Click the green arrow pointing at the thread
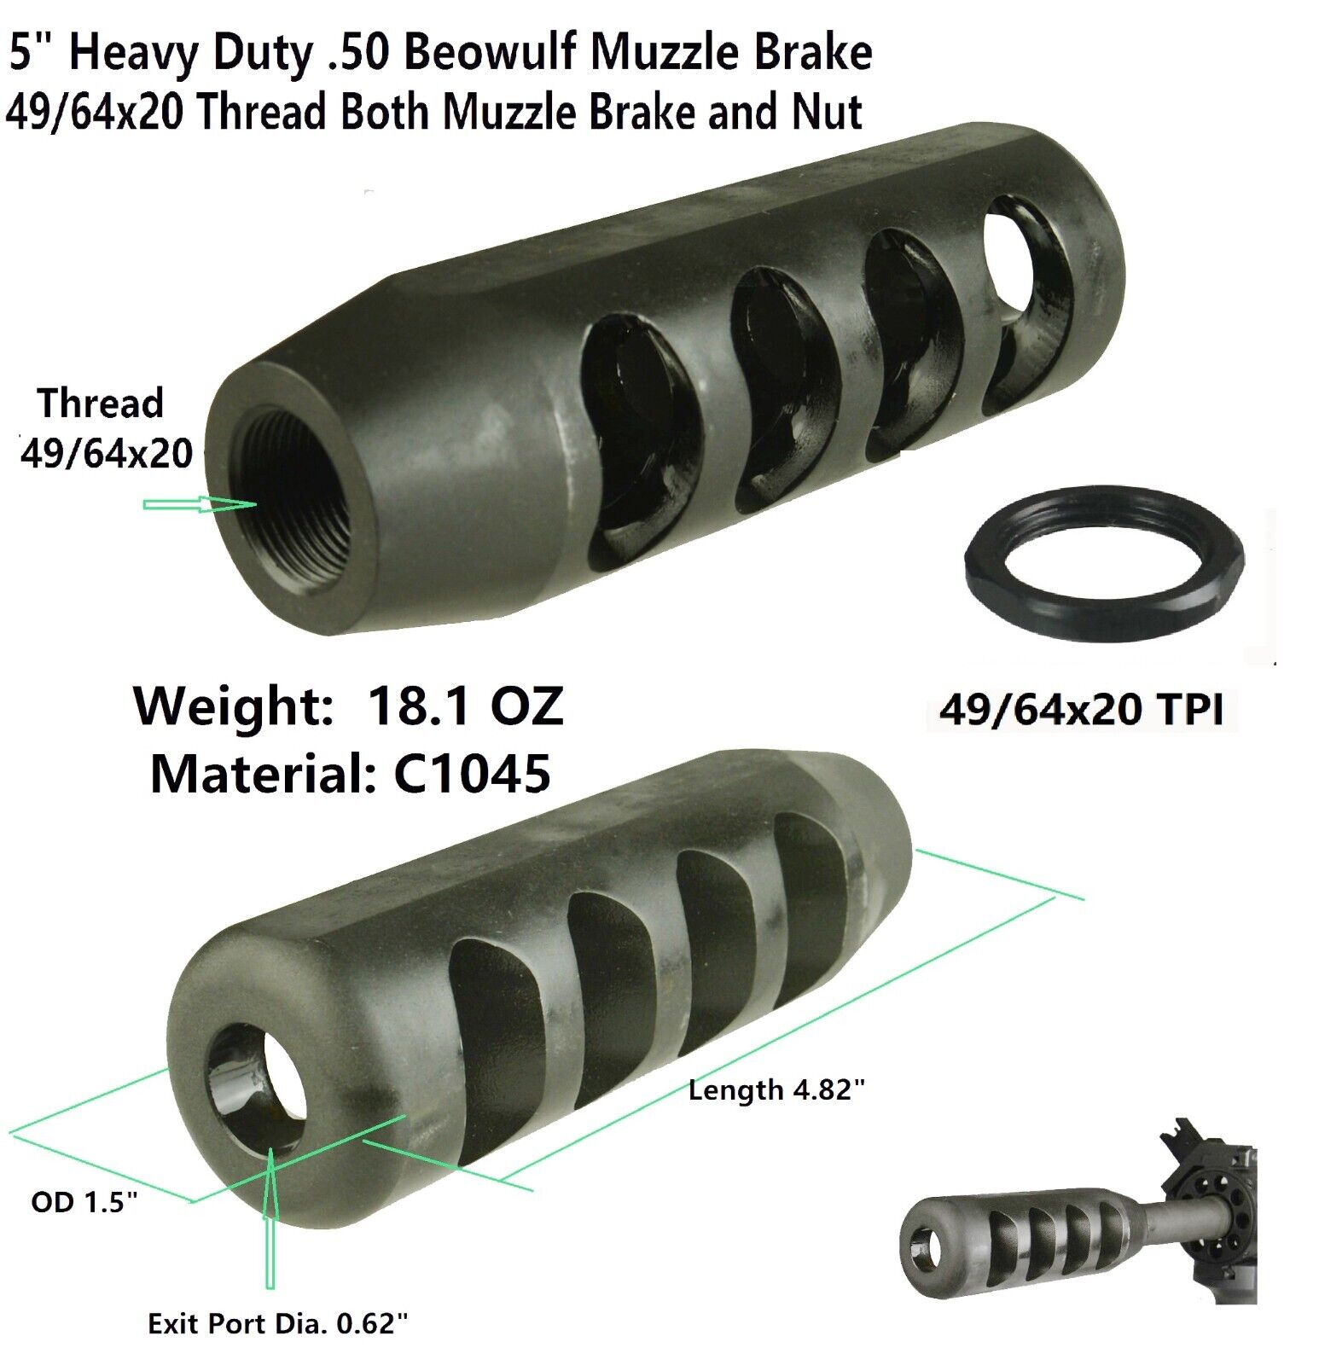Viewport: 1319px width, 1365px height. point(200,504)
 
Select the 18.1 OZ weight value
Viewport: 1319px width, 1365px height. point(466,707)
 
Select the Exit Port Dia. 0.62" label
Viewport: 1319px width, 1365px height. point(278,1325)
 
